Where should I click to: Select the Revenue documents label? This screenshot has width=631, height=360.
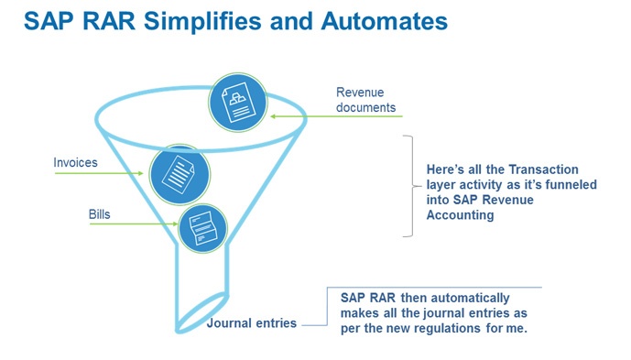pos(365,100)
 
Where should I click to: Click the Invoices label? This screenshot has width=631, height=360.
pos(76,163)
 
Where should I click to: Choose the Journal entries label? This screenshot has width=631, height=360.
pos(251,323)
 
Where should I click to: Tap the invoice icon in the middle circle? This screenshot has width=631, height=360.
pos(176,171)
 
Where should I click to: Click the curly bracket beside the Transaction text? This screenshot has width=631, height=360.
pos(408,185)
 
